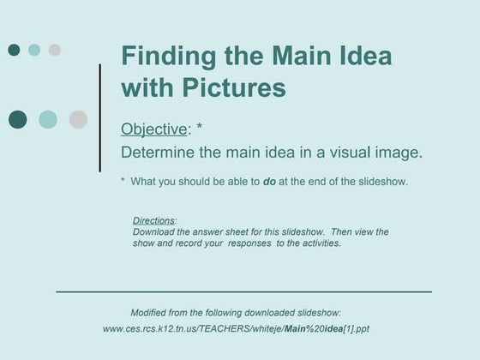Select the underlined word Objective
click(153, 129)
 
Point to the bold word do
click(270, 182)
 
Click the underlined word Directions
click(153, 220)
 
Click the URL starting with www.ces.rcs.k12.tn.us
click(236, 328)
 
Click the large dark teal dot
click(18, 119)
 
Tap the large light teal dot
click(48, 119)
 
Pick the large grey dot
click(78, 119)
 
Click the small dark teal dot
click(14, 50)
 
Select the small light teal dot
click(34, 50)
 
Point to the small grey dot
click(55, 50)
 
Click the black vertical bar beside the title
click(100, 117)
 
